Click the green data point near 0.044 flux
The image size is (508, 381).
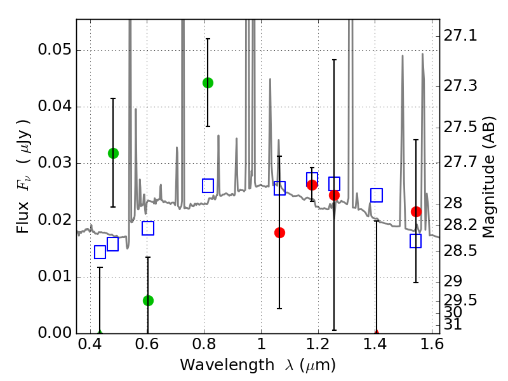(208, 83)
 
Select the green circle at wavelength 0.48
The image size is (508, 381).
(113, 153)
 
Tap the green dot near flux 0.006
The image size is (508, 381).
(148, 300)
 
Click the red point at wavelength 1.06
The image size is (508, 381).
(279, 232)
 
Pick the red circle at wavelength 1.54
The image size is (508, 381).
(416, 211)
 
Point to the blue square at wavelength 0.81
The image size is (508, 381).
(208, 185)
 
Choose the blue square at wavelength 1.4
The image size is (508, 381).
(377, 195)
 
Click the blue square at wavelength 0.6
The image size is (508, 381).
(148, 228)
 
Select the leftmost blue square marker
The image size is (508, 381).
(100, 252)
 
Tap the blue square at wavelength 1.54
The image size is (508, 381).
(416, 241)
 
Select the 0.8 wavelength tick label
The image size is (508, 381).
(204, 347)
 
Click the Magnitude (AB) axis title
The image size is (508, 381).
(489, 178)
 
